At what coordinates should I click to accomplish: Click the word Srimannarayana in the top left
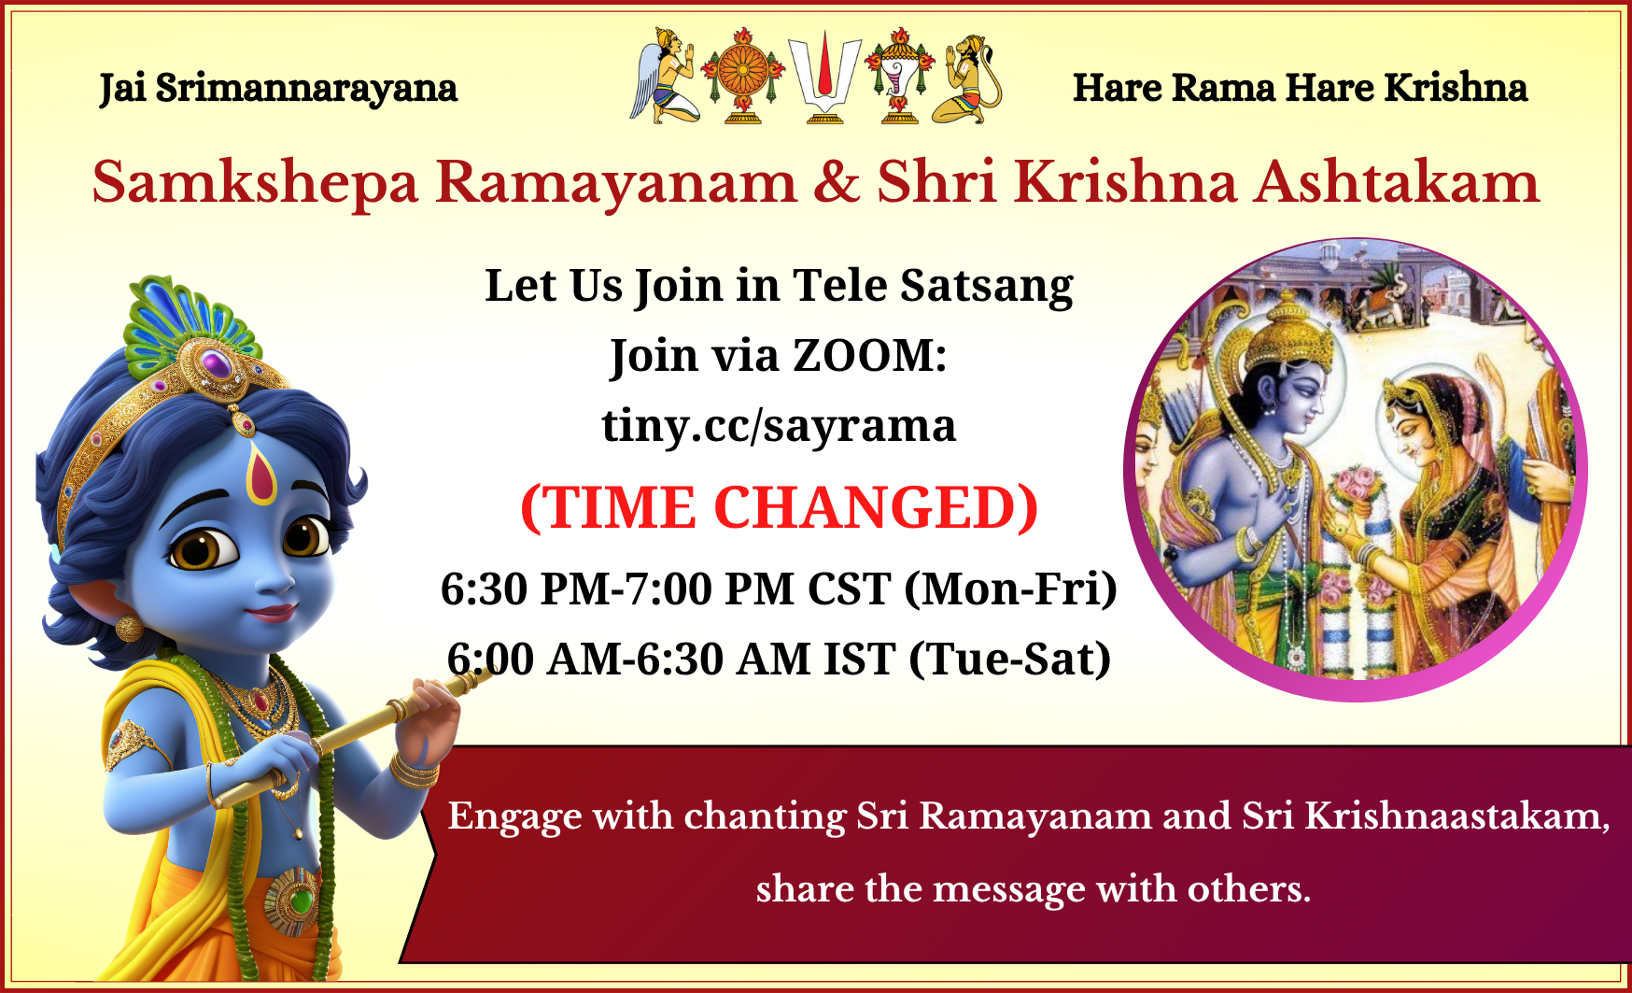pos(306,88)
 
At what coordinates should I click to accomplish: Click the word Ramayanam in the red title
pos(616,182)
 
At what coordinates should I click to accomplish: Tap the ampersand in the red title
pos(837,182)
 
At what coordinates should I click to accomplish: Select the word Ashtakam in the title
pos(1396,182)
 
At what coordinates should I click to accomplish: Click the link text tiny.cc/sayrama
pos(779,425)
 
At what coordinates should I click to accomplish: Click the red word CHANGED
pos(876,508)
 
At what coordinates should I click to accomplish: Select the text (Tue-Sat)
pos(1010,660)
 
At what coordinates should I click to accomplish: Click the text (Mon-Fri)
pos(1011,589)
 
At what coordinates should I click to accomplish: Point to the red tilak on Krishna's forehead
pos(261,474)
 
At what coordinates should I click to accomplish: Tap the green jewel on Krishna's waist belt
pos(300,901)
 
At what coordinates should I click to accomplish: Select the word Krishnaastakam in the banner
pos(1456,816)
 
